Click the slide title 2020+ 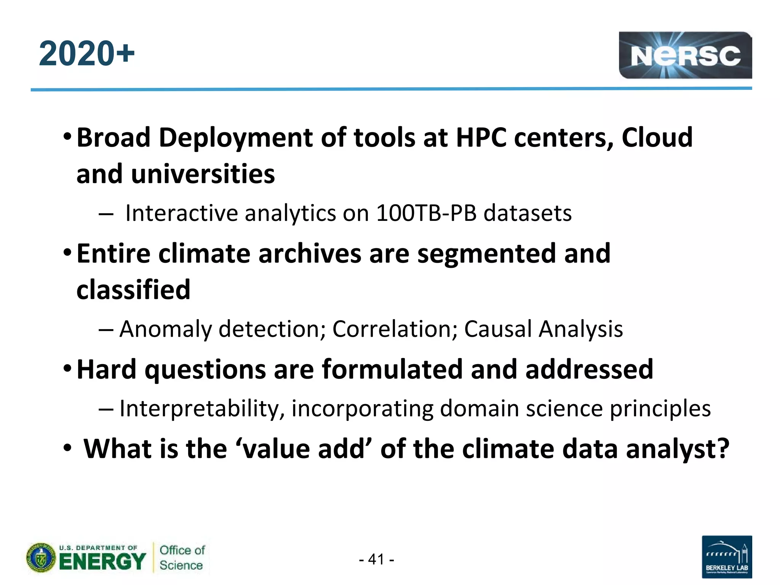click(x=86, y=53)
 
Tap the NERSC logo click(x=685, y=55)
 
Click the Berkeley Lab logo click(x=726, y=556)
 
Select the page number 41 click(x=376, y=559)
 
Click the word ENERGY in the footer click(x=102, y=561)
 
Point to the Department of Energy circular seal click(x=41, y=558)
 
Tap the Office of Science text click(x=182, y=558)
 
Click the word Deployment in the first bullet click(x=236, y=137)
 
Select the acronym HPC click(x=481, y=137)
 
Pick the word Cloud click(x=657, y=137)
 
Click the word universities click(x=203, y=174)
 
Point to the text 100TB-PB click(x=426, y=213)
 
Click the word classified click(x=133, y=290)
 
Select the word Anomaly click(x=165, y=329)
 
